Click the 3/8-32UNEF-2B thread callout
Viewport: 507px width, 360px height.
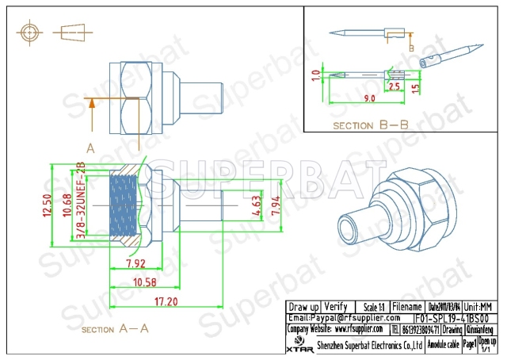coord(78,206)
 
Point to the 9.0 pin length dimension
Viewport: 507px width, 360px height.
coord(369,99)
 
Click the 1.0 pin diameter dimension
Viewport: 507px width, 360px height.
coord(314,76)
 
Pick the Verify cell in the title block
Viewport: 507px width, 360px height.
coord(337,307)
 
